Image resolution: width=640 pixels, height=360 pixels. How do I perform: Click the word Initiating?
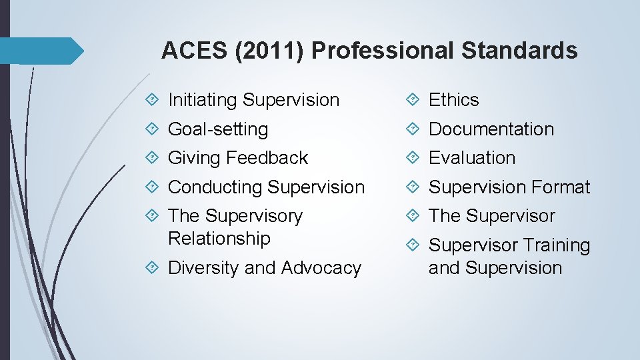click(x=203, y=100)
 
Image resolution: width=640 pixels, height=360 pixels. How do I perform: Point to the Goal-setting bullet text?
click(x=218, y=129)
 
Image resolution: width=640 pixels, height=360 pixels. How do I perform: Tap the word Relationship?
click(x=219, y=239)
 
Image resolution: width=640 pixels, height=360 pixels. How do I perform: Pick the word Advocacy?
click(x=321, y=268)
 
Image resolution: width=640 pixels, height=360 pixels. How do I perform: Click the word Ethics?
click(x=454, y=100)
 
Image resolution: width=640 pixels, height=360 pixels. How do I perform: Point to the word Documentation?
click(x=491, y=129)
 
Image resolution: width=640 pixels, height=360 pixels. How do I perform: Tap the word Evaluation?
click(x=472, y=158)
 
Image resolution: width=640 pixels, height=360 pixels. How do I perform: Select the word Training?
click(x=557, y=245)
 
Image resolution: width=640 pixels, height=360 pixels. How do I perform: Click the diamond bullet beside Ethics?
click(x=413, y=100)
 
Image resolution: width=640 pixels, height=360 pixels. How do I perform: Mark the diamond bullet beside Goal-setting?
click(x=153, y=129)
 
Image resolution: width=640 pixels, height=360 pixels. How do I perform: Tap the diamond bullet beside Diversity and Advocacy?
click(x=153, y=268)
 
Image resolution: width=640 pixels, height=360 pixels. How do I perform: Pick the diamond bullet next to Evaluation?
click(x=413, y=158)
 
